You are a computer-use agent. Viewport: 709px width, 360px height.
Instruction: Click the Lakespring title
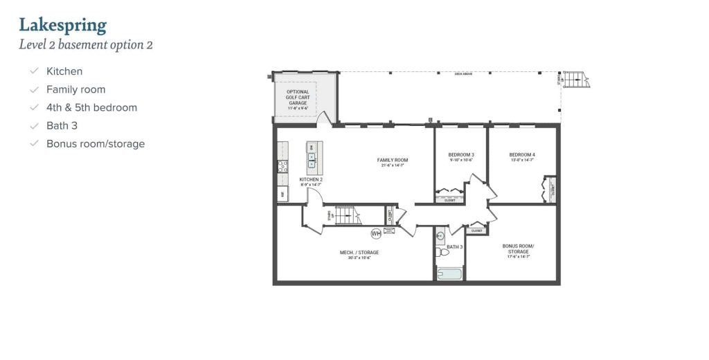pos(62,26)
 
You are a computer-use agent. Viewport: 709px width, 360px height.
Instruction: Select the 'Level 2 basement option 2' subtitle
pos(86,46)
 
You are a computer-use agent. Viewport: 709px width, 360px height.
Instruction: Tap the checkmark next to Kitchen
pos(33,71)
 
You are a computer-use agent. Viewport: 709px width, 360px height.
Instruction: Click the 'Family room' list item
pos(75,89)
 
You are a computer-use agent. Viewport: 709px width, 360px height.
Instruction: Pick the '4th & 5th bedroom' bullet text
pos(91,107)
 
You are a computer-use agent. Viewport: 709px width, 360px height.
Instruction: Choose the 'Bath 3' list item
pos(62,125)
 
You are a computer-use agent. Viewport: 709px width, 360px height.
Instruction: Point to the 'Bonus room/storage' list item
pos(96,143)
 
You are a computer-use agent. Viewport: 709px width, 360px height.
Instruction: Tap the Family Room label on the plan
pos(393,162)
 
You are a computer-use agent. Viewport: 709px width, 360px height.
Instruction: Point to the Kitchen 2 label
pos(311,181)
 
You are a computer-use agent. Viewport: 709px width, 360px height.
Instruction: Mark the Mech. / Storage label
pos(359,254)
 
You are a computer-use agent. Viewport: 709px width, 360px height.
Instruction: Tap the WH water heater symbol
pos(376,233)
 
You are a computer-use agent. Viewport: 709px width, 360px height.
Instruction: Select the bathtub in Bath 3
pos(450,274)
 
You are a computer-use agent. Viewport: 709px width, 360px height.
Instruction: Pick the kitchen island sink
pos(312,161)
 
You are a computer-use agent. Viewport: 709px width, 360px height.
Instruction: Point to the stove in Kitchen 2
pos(282,166)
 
